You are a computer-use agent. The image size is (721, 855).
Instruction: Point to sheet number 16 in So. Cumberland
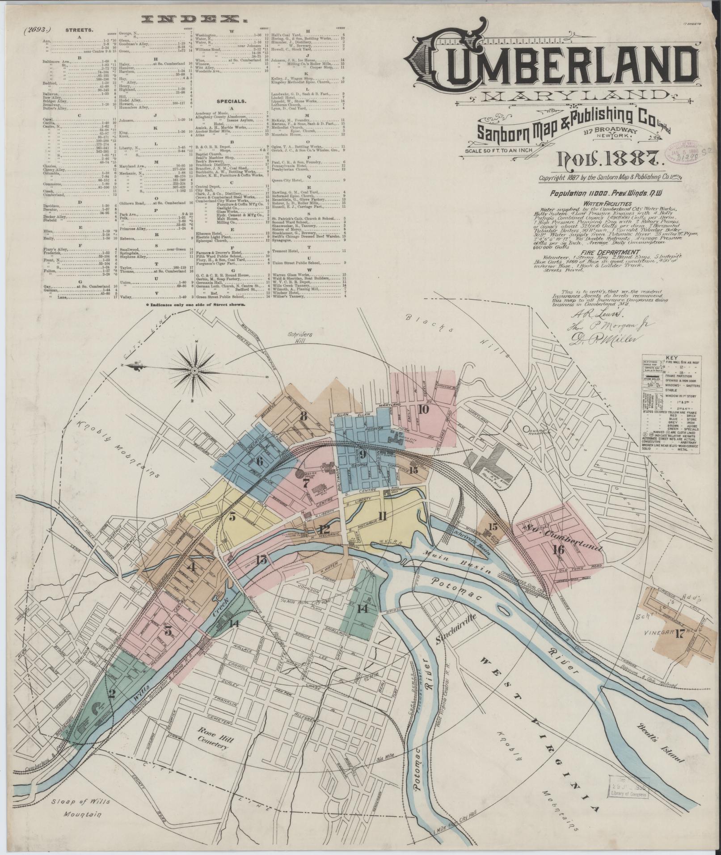558,549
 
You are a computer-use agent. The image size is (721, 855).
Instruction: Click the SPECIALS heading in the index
232,101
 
